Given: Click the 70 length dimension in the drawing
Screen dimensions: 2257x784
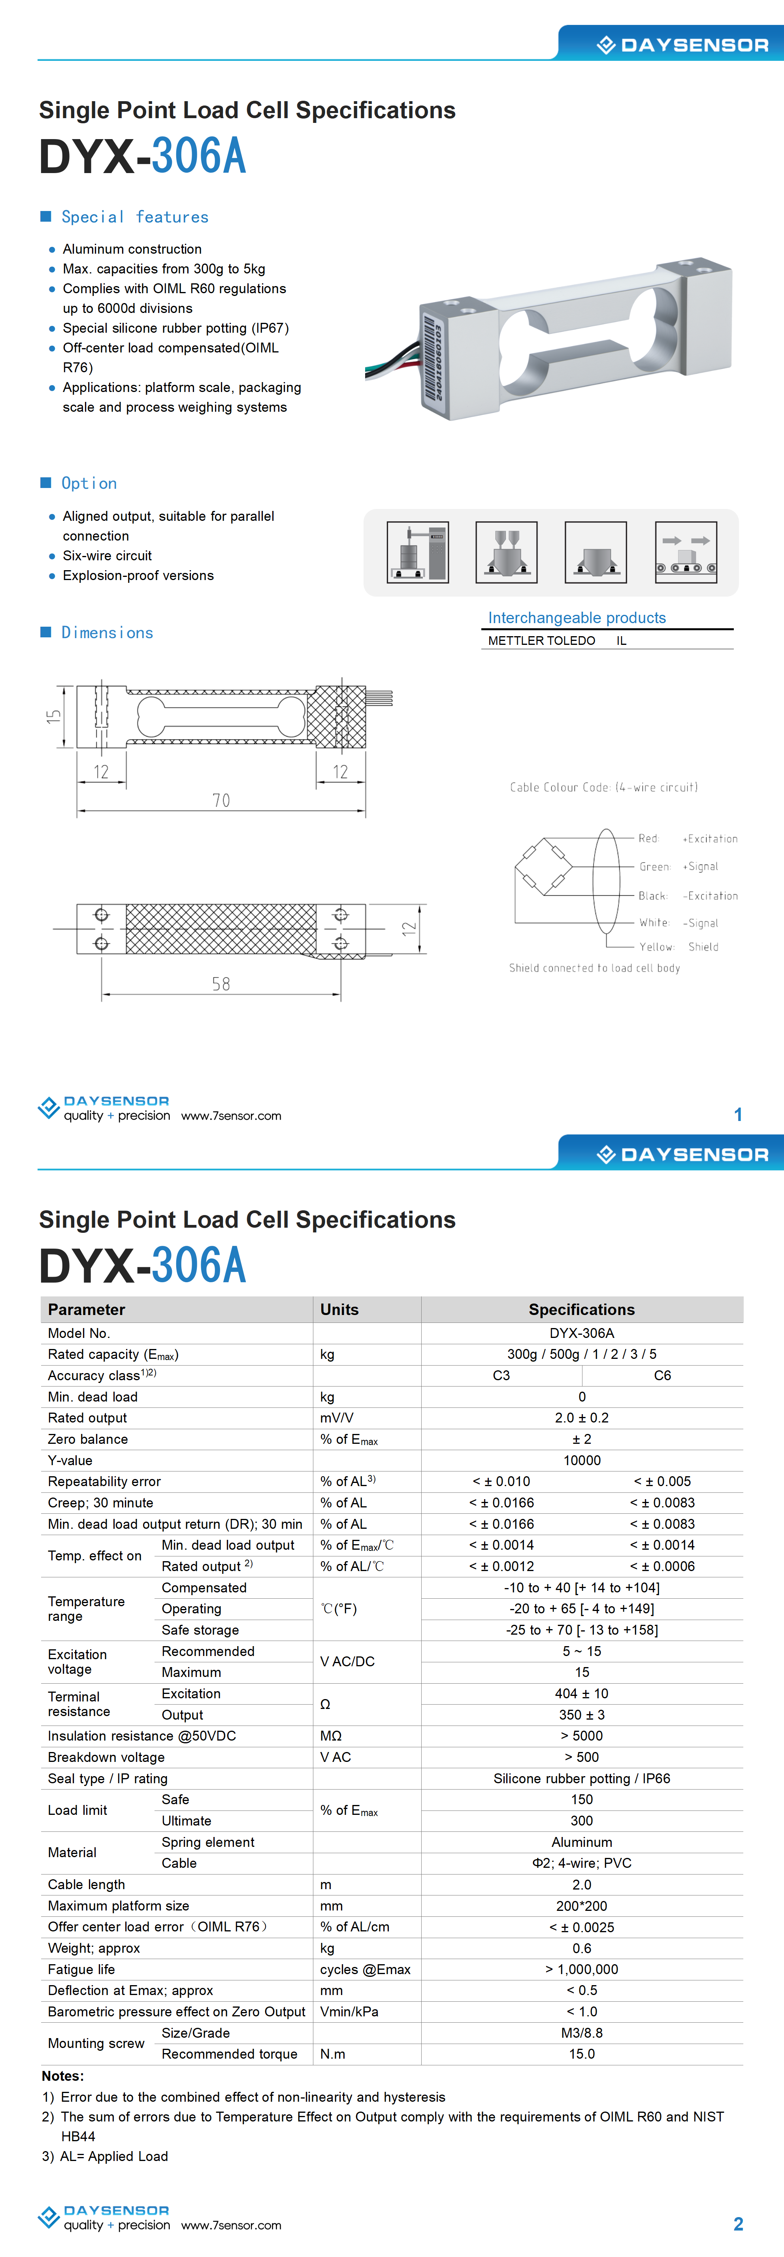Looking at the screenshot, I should tap(221, 800).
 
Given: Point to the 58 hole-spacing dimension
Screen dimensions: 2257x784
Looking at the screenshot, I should tap(221, 984).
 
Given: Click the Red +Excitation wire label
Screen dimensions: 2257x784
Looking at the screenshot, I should tap(688, 838).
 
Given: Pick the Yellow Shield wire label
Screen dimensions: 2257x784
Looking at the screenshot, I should tap(679, 947).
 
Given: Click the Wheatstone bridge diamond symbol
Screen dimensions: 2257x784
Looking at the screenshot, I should tap(543, 867).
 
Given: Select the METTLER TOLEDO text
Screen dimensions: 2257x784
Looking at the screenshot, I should tap(541, 641).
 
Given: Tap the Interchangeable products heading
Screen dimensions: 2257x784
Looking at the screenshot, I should tap(577, 618).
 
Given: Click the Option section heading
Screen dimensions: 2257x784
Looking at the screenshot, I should tap(89, 483).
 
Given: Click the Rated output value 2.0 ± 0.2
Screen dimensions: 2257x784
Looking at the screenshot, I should tap(582, 1418).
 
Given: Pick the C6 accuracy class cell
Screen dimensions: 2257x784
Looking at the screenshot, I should tap(662, 1375).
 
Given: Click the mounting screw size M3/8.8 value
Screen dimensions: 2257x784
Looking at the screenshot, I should tap(582, 2033).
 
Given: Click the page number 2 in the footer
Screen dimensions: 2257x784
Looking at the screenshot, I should tap(738, 2224).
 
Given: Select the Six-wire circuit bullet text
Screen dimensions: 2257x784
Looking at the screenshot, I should tap(107, 556).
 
